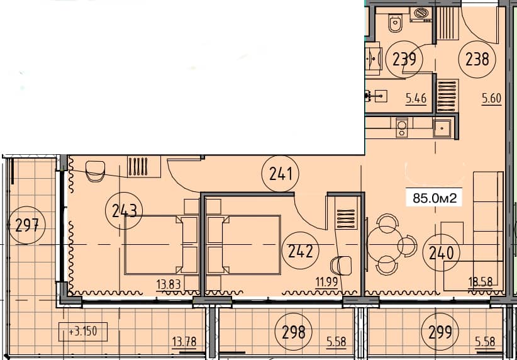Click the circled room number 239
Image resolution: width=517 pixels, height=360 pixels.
coord(404,60)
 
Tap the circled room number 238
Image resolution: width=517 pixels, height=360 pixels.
coord(477,60)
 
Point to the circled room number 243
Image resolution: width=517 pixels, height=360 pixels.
coord(125,211)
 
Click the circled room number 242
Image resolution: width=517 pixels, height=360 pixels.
coord(301,251)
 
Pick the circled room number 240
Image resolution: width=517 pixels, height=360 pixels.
coord(441,252)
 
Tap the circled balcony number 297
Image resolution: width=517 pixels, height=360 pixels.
coord(28,224)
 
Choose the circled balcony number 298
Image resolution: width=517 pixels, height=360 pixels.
coord(294,331)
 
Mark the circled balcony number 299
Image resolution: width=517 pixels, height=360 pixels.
coord(440,331)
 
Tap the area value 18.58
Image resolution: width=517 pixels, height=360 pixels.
coord(481,282)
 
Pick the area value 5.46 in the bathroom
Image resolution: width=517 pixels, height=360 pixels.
coord(416,98)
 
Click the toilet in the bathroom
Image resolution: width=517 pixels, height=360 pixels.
coord(395,23)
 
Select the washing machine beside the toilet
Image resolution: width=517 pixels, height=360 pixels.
coord(420,14)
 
